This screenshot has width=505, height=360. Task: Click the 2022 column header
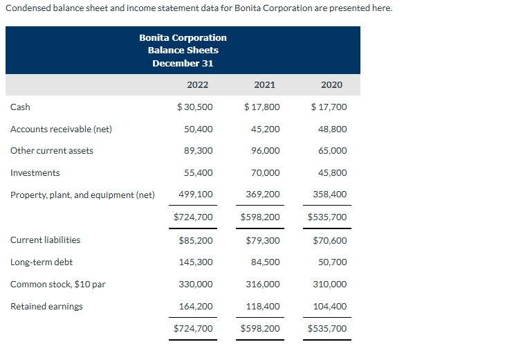coord(197,85)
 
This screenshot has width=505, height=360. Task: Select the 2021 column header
coord(264,85)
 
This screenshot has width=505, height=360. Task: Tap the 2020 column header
coord(331,85)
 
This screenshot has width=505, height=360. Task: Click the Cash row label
coord(20,107)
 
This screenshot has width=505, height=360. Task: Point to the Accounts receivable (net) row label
coord(61,129)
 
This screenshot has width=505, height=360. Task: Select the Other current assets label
coord(52,151)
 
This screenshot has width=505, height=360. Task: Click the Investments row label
coord(35,173)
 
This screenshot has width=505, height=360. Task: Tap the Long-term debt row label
coord(42,262)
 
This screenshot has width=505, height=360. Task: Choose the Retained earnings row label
coord(46,307)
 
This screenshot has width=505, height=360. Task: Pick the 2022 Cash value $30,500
coord(195,107)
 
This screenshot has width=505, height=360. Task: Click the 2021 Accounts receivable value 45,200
coord(266,129)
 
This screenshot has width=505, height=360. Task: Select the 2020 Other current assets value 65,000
coord(333,151)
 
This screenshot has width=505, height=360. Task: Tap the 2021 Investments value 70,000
coord(266,173)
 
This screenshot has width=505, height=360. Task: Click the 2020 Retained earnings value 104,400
coord(331,307)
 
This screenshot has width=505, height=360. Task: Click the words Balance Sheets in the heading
coord(183,51)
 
